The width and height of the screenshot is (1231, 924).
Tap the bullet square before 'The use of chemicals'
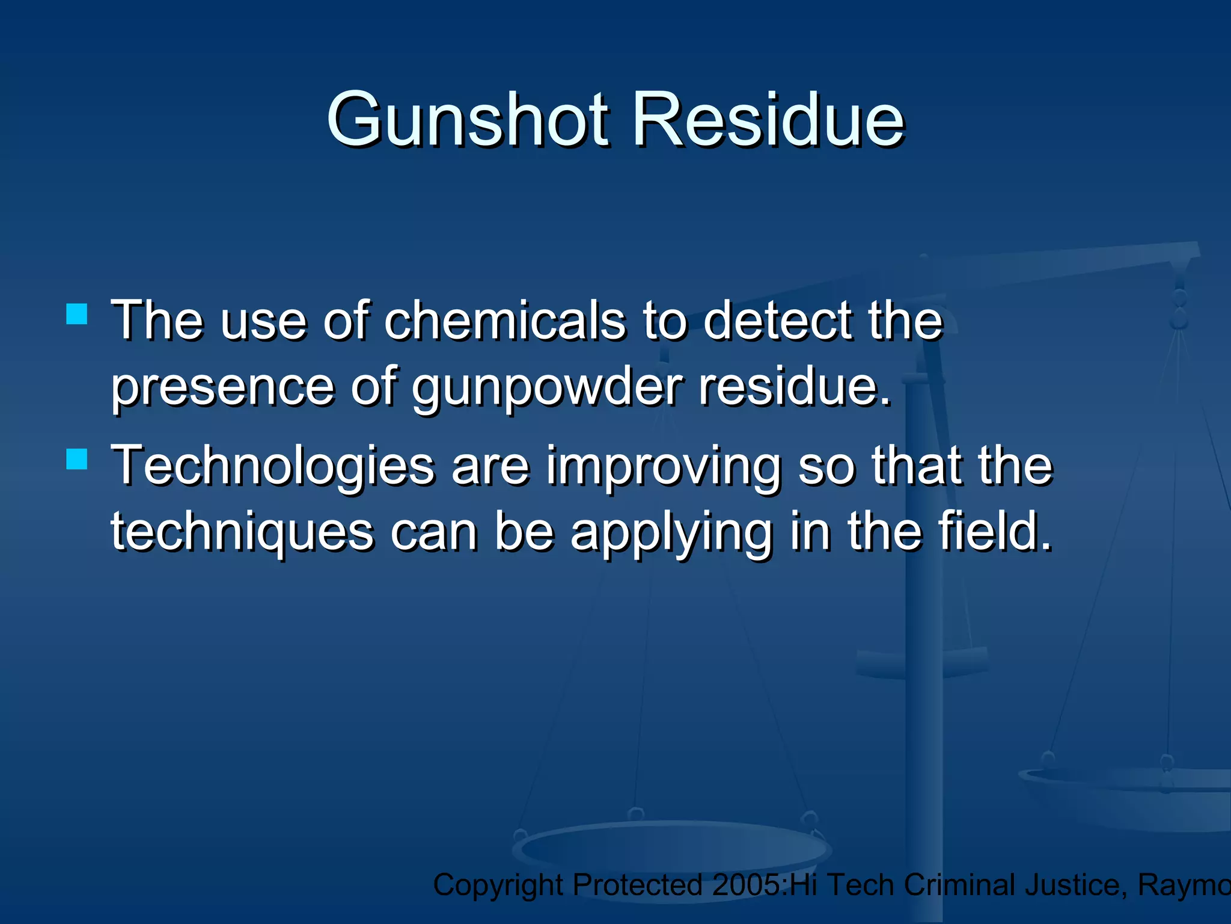pos(77,313)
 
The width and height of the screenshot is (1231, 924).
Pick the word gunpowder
pos(547,388)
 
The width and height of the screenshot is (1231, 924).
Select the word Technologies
pos(273,466)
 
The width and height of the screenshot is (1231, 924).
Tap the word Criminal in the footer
pos(960,885)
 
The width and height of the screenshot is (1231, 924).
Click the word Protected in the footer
pos(637,885)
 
